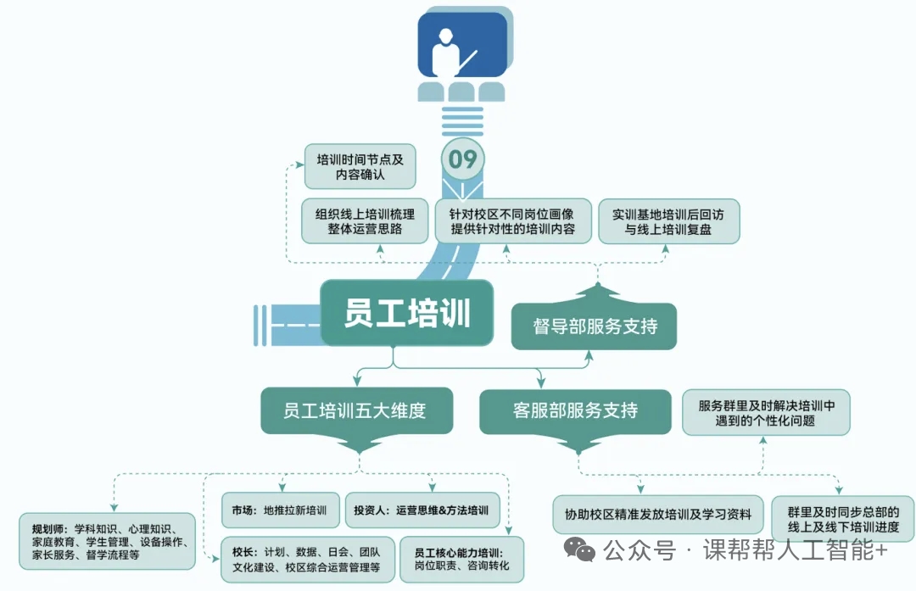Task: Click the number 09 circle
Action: (463, 159)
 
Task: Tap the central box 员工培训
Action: (406, 313)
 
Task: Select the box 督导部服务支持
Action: (594, 326)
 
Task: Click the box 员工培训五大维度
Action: (355, 411)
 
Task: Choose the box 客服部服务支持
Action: (576, 411)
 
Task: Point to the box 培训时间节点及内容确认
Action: (360, 166)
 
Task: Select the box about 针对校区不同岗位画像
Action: (512, 221)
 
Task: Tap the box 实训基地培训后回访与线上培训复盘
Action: (669, 221)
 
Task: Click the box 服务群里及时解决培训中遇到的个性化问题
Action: (766, 413)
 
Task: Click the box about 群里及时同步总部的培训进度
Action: (843, 519)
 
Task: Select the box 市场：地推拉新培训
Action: (280, 511)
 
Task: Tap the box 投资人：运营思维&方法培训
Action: (422, 511)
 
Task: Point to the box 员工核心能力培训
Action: (462, 559)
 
